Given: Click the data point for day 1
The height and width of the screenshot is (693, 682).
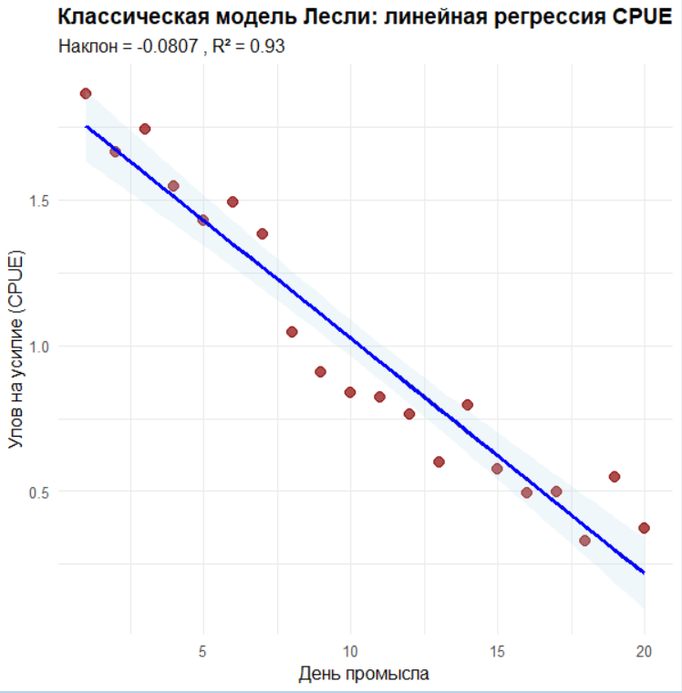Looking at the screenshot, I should click(x=86, y=93).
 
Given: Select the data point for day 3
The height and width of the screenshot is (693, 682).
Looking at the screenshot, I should click(x=144, y=129).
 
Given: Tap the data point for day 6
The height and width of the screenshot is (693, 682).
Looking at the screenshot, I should click(x=232, y=202).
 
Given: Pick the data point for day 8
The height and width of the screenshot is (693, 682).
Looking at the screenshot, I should click(x=292, y=332).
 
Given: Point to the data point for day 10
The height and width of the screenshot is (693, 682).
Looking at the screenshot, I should click(x=350, y=392).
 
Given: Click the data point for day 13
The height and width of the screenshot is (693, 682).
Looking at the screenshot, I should click(x=439, y=461).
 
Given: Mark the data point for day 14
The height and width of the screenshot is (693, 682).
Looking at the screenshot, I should click(x=468, y=404).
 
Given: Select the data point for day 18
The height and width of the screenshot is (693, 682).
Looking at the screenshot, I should click(x=585, y=541).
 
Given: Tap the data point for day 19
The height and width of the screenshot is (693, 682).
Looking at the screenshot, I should click(x=615, y=476).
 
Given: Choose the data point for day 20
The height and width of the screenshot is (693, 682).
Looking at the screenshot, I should click(x=644, y=528).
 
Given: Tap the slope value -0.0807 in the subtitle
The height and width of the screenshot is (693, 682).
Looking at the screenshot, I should click(x=165, y=46).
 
